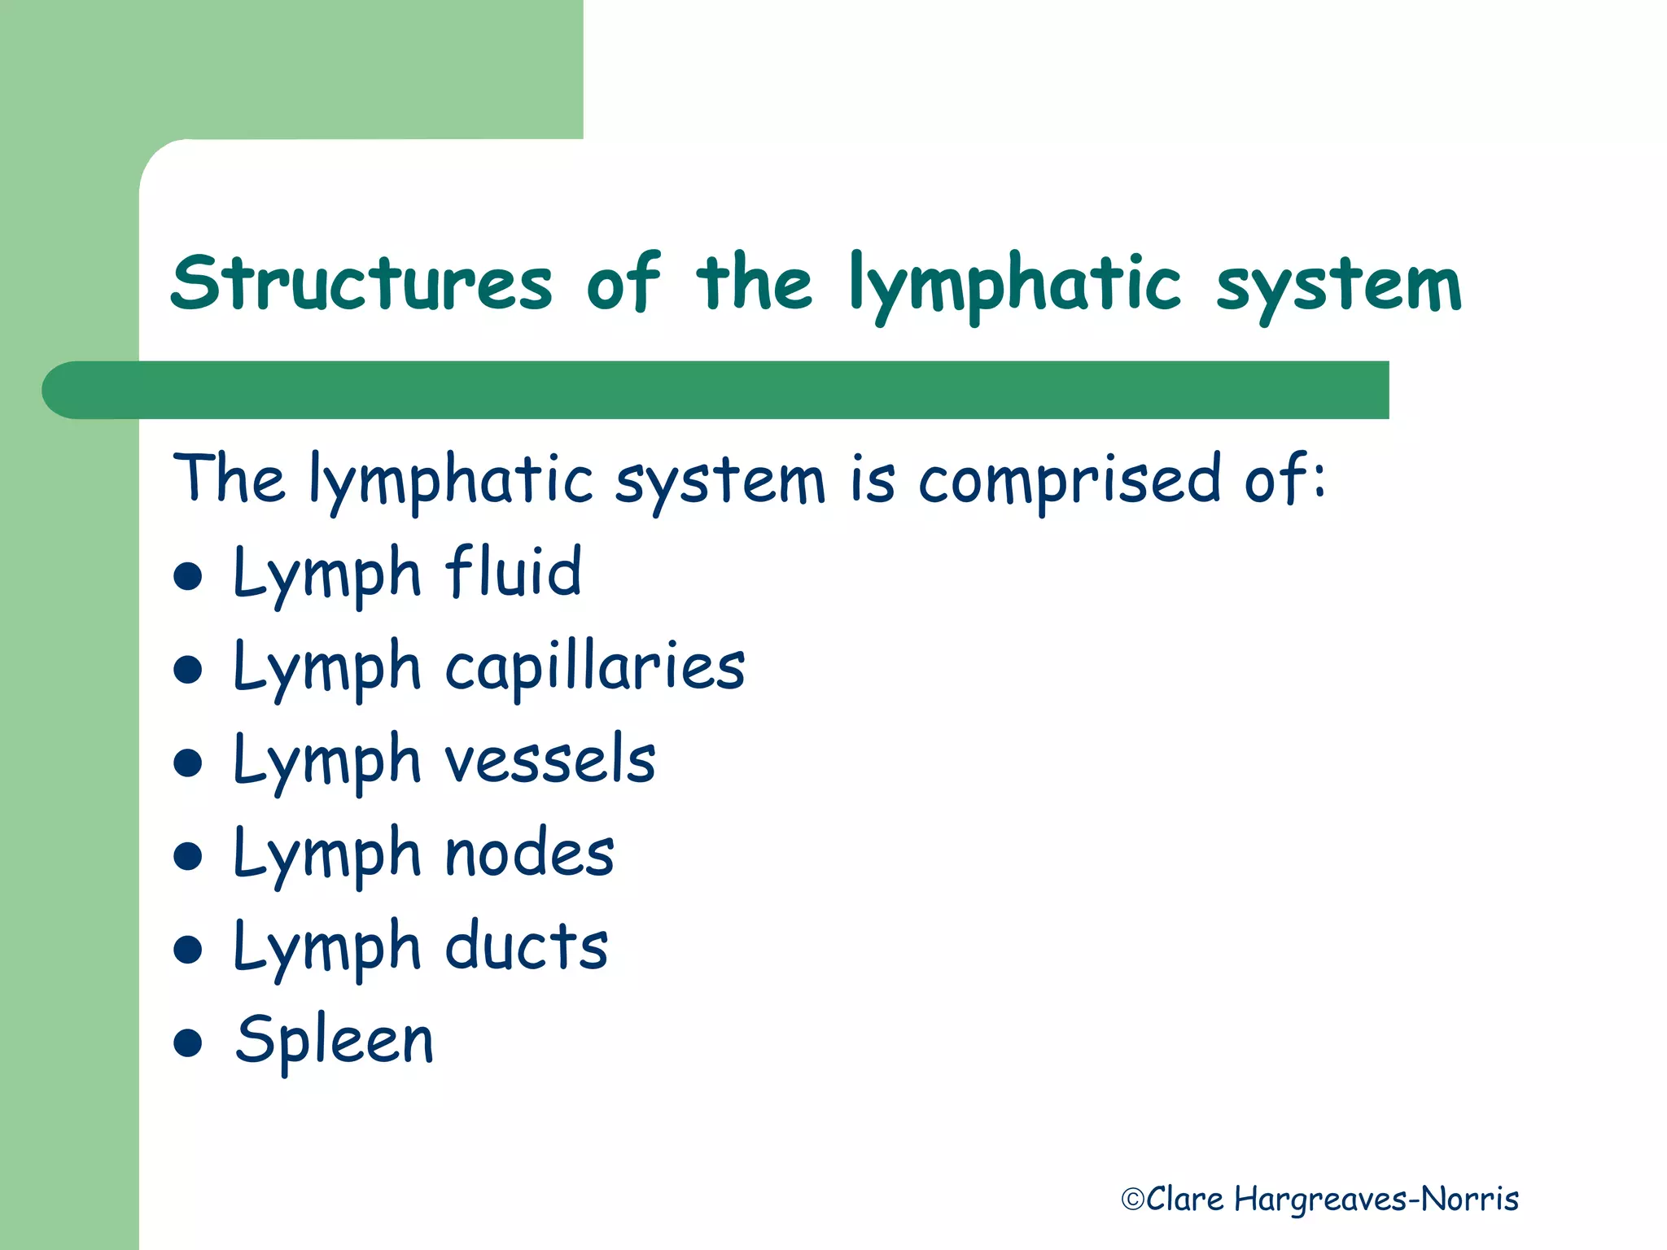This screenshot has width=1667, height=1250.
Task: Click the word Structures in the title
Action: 361,283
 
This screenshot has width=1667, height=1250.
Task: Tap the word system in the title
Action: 1339,286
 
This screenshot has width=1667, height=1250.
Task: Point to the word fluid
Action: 514,571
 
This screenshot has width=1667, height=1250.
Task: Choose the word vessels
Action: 550,760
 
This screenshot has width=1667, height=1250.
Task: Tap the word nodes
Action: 530,854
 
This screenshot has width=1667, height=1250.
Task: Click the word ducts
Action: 527,946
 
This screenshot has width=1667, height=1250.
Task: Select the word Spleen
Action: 335,1040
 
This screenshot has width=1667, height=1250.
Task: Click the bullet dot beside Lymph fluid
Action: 188,576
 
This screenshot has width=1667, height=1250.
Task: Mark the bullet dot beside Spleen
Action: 188,1042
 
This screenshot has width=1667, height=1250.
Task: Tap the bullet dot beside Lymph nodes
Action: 188,856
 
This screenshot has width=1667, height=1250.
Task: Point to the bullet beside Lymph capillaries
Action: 188,670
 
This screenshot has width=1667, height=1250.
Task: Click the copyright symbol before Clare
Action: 1132,1200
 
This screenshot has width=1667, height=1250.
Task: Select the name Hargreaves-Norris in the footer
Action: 1376,1200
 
